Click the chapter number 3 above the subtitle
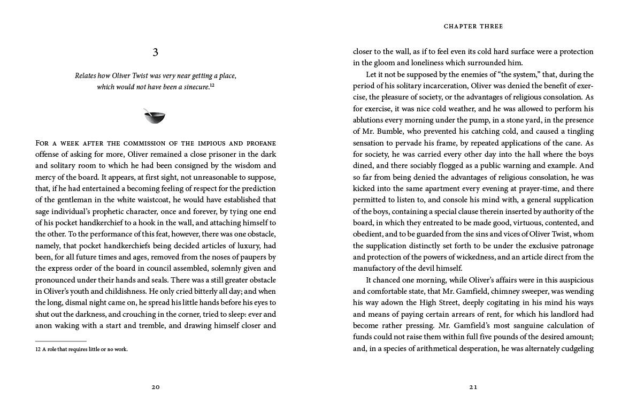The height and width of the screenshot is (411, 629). (155, 52)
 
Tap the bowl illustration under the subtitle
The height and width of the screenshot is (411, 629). (155, 116)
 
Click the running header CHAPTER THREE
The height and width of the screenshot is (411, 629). (473, 26)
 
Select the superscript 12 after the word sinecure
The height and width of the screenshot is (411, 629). (212, 85)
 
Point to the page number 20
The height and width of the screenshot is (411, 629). (155, 387)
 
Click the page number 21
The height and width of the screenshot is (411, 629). (473, 387)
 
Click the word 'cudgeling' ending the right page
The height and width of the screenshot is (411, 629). (574, 348)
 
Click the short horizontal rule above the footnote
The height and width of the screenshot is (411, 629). (61, 341)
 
